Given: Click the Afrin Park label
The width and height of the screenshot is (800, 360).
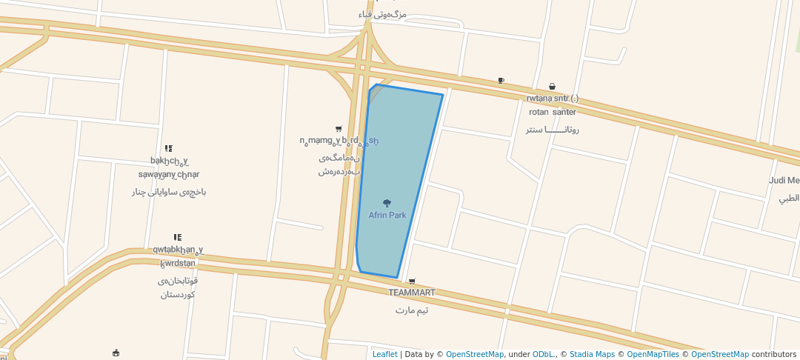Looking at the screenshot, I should pyautogui.click(x=387, y=216).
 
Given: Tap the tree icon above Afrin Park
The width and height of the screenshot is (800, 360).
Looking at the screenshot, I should pyautogui.click(x=387, y=203).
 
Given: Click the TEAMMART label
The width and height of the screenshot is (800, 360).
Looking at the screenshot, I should pyautogui.click(x=412, y=293).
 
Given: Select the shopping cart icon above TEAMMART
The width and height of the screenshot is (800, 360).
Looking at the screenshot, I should pyautogui.click(x=412, y=281).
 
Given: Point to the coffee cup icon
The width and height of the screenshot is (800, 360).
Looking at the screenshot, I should pyautogui.click(x=501, y=81).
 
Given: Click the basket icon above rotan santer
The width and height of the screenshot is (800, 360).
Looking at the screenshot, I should pyautogui.click(x=552, y=87).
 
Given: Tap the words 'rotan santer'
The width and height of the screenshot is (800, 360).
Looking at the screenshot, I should pyautogui.click(x=552, y=113).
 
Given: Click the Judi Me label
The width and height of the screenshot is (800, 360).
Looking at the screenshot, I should pyautogui.click(x=784, y=181).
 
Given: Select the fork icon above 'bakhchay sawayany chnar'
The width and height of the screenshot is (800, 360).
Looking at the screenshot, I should pyautogui.click(x=169, y=149).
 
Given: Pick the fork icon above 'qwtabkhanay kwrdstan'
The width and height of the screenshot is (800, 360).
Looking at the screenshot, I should pyautogui.click(x=178, y=238).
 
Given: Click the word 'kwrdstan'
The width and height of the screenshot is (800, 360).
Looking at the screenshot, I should pyautogui.click(x=178, y=263).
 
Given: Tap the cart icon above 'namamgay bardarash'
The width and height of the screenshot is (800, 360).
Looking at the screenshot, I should pyautogui.click(x=339, y=129).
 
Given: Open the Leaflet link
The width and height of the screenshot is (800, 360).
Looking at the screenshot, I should pyautogui.click(x=384, y=354).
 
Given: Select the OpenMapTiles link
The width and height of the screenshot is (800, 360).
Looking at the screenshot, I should pyautogui.click(x=648, y=354).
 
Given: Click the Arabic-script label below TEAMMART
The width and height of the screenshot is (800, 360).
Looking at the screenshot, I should pyautogui.click(x=412, y=310).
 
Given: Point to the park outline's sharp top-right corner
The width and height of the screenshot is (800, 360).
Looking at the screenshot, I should pyautogui.click(x=443, y=95).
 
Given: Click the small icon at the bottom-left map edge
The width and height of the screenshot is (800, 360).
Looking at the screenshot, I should pyautogui.click(x=116, y=353).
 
